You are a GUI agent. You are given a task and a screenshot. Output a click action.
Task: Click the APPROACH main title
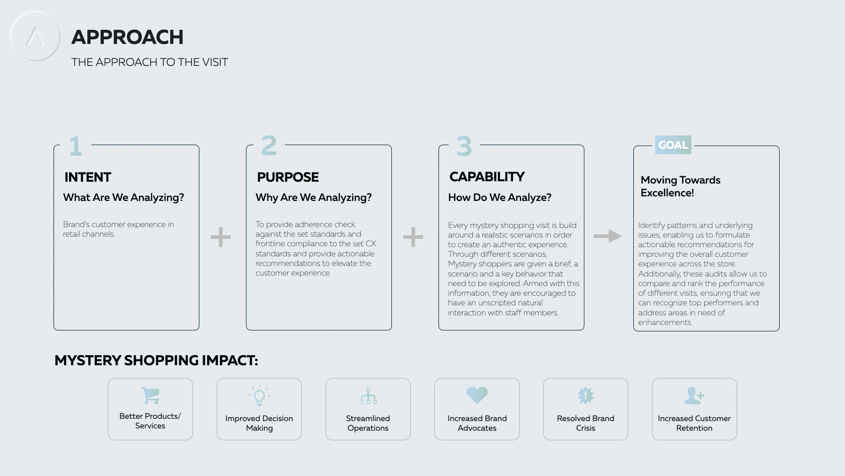(127, 37)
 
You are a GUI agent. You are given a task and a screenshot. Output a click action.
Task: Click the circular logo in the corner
(35, 36)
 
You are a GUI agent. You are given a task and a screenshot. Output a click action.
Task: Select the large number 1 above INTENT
(75, 146)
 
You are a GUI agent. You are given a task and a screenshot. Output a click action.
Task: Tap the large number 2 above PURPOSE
(269, 146)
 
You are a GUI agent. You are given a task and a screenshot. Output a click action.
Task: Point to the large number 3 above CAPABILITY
(464, 146)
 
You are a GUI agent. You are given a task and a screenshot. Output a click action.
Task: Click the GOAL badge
(673, 145)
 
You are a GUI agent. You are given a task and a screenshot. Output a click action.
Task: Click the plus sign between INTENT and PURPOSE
(221, 237)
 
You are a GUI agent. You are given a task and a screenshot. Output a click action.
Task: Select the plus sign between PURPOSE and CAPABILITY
(413, 237)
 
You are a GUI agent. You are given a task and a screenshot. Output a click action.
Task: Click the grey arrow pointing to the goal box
(608, 236)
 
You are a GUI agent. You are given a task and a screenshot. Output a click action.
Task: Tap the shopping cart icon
(150, 395)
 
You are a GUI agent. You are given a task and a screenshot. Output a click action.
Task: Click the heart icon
(477, 395)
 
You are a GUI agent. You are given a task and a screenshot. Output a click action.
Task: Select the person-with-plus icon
(694, 395)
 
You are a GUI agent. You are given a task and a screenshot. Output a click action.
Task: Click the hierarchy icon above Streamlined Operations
(368, 396)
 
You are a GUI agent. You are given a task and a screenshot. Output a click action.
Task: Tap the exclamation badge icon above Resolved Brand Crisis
(586, 395)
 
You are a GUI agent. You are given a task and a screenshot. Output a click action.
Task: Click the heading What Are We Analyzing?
(123, 197)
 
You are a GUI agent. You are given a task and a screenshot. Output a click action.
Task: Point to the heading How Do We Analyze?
(500, 197)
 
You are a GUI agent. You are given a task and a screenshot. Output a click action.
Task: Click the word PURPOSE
(288, 177)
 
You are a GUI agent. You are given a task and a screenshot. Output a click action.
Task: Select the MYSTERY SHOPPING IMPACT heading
(156, 360)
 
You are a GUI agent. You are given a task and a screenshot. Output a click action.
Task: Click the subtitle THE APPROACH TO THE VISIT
(150, 62)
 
